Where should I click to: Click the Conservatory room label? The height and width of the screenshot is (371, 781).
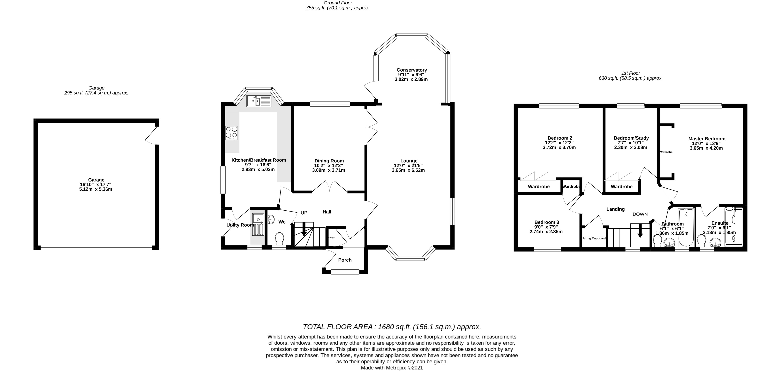click(411, 70)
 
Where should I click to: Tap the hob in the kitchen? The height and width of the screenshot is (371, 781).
click(231, 133)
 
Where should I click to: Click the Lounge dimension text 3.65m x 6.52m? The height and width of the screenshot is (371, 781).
click(408, 170)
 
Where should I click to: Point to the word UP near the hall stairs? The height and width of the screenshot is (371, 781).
click(304, 213)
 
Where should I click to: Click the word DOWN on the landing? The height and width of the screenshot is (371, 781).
click(640, 214)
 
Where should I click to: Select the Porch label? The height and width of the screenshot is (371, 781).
click(345, 260)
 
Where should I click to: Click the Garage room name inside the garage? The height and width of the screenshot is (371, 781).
click(96, 180)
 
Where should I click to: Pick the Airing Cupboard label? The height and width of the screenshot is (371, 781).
click(594, 238)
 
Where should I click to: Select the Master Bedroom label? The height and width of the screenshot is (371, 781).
click(706, 139)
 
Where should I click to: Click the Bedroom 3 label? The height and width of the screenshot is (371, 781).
click(546, 222)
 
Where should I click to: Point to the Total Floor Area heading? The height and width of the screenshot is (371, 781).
click(392, 327)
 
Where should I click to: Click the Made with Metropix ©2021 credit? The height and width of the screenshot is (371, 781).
click(391, 368)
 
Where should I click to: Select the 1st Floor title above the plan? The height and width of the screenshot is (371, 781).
click(631, 73)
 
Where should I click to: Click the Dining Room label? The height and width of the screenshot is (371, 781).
click(329, 161)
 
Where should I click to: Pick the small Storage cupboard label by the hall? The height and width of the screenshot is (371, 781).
click(331, 237)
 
